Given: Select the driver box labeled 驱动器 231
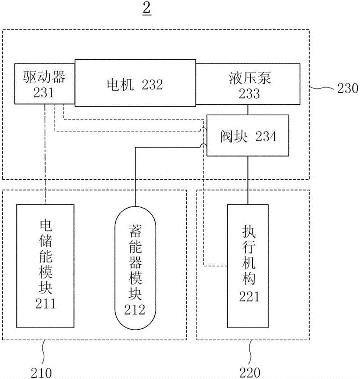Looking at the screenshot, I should click(x=44, y=84).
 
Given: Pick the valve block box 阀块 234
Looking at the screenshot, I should click(x=247, y=136).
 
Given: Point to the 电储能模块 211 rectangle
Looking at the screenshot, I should click(x=45, y=266).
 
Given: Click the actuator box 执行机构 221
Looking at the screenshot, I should click(x=248, y=265).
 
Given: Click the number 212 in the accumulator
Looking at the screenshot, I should click(x=136, y=310).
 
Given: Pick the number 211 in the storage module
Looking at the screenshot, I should click(x=45, y=303).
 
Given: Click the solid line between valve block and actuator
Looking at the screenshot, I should click(x=248, y=180).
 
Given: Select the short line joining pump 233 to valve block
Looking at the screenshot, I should click(x=248, y=110).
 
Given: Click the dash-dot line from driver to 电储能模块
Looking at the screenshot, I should click(x=45, y=152).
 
